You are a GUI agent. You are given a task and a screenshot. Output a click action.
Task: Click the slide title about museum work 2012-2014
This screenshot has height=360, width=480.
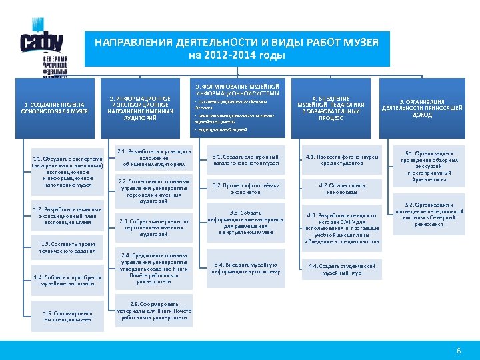[237, 49]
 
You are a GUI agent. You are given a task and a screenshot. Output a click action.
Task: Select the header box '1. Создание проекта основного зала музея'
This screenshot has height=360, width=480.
[56, 109]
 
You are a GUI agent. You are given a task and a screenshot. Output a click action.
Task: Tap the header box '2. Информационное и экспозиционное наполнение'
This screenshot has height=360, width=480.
[140, 109]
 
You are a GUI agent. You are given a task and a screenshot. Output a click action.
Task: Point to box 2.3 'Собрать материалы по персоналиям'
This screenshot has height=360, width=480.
[153, 228]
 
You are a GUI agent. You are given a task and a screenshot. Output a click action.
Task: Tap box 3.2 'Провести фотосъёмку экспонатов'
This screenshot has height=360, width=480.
[245, 189]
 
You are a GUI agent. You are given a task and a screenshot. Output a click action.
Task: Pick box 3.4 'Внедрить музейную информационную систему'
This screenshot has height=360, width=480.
[245, 268]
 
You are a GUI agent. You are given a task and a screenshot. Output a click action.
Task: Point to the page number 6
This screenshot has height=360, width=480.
[458, 351]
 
